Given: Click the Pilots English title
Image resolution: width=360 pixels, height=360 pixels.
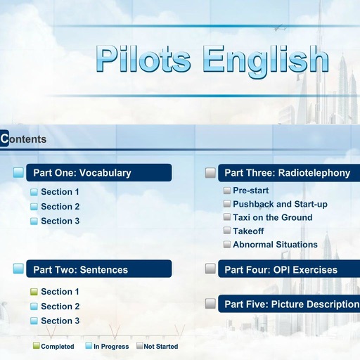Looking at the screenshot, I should coord(212,60).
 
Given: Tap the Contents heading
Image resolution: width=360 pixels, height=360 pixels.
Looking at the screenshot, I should coord(24,139).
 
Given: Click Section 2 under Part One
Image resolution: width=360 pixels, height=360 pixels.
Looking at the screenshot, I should coord(60,207).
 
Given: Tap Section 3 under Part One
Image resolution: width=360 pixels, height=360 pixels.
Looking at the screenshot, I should coord(60,221).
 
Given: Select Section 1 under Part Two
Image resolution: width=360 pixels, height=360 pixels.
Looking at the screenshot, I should coord(60,292).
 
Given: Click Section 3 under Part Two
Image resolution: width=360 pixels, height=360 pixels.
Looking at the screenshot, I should coord(60,321).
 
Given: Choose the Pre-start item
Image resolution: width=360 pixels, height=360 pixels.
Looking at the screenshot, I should coord(250,191).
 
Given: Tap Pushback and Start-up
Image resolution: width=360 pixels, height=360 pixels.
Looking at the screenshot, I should coord(280,204).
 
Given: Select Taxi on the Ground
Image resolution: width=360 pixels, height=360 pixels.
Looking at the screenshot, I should coord(272,217).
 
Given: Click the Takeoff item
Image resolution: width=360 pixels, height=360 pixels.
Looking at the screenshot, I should coord(248,231).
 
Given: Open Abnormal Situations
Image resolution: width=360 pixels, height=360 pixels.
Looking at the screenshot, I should coord(275,245).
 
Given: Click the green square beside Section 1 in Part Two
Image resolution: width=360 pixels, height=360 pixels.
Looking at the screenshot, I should coord(34,292).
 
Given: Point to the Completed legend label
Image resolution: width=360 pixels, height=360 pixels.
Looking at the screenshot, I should coord(58,346).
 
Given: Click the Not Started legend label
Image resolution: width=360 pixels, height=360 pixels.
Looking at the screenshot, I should coord(161,346).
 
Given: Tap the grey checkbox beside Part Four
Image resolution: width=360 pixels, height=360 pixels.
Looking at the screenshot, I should coord(210,269).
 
